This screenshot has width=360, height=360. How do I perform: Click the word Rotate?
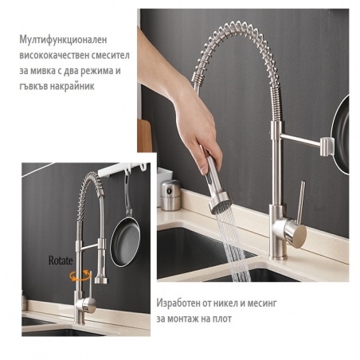coord(61,260)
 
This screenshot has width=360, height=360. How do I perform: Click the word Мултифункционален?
coord(63,40)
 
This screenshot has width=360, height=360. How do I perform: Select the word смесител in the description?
coord(111,56)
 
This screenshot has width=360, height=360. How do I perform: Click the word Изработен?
coord(178,303)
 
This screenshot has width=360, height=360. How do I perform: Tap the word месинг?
coord(262,303)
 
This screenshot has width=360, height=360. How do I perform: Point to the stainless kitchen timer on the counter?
coord(170,195)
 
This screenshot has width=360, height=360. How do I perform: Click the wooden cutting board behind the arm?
coord(144,135)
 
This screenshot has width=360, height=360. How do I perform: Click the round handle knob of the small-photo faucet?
coord(88,305)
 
